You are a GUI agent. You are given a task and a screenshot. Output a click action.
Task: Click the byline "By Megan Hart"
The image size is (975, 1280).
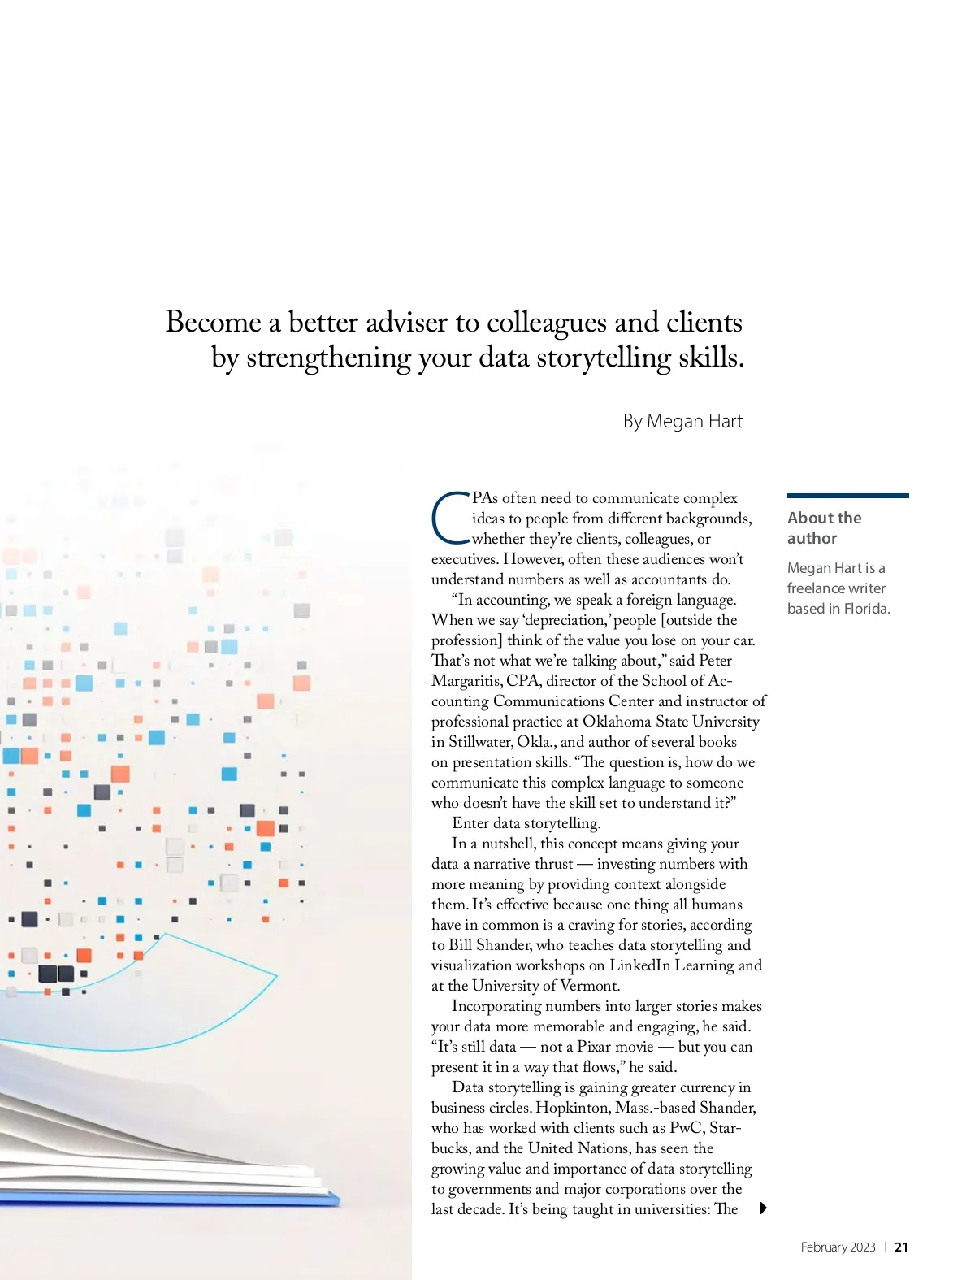pyautogui.click(x=682, y=421)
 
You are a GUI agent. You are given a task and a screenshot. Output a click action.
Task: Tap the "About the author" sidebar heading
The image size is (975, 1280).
pyautogui.click(x=824, y=527)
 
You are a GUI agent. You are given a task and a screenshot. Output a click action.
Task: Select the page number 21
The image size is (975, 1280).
pyautogui.click(x=901, y=1247)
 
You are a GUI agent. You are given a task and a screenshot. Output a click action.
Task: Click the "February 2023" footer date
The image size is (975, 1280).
pyautogui.click(x=838, y=1247)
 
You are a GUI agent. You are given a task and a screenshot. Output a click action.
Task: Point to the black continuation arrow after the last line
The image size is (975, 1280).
pyautogui.click(x=763, y=1208)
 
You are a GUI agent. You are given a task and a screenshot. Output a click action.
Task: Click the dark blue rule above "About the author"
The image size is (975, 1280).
pyautogui.click(x=847, y=495)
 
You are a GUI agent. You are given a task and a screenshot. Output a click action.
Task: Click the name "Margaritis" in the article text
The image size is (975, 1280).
pyautogui.click(x=466, y=681)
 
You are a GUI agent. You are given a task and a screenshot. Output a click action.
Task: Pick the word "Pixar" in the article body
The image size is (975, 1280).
pyautogui.click(x=597, y=1047)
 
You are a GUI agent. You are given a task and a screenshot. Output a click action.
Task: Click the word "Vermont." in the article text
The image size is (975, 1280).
pyautogui.click(x=590, y=986)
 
